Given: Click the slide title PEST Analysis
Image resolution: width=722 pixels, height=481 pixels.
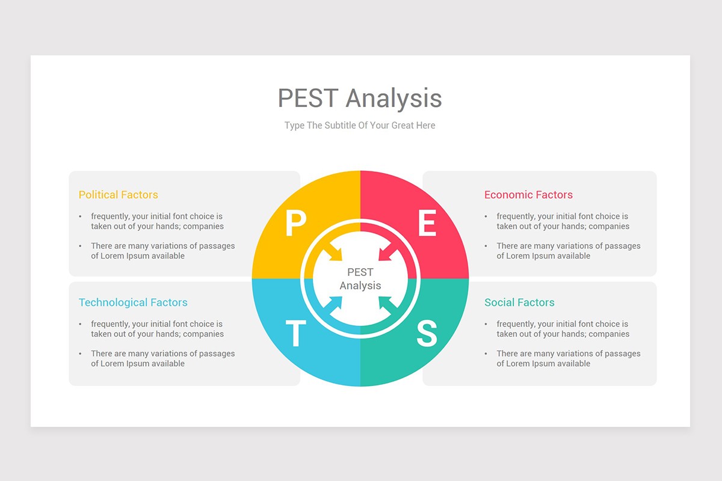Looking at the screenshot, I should point(360,99).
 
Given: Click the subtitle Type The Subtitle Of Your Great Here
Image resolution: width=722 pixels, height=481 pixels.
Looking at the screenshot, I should point(360,126).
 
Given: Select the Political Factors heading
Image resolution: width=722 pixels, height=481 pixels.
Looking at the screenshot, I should point(119,195).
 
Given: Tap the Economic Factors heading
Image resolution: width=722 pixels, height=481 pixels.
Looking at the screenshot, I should point(528,195).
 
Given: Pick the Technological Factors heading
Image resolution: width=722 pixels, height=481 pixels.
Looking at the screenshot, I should point(133,302).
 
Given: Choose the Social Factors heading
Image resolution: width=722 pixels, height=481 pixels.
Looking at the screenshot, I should point(519,302).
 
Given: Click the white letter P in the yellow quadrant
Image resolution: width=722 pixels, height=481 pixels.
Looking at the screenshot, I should point(295,224).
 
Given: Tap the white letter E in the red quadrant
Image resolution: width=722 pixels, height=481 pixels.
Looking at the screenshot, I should point(427,224).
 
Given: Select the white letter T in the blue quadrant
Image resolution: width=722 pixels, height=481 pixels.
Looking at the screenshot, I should point(295,334).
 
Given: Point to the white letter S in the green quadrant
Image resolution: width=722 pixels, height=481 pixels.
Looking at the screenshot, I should point(427,334).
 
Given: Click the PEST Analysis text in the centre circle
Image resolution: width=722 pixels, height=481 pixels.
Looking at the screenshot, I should point(360,279).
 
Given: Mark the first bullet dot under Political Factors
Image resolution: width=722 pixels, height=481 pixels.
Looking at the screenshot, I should point(81,216).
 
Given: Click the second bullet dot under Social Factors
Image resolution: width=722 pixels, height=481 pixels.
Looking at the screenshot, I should point(486,354).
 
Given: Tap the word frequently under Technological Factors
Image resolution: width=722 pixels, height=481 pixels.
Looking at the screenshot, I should point(110,324).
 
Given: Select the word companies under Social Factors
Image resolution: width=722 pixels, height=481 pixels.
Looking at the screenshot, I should point(609,334).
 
